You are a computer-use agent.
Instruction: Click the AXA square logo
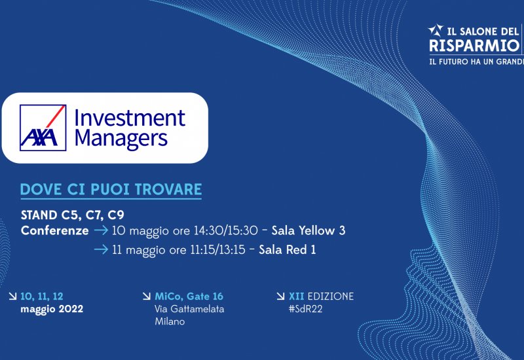(x=43, y=128)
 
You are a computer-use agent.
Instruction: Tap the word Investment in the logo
(x=130, y=118)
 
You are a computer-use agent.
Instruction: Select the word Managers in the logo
(x=121, y=139)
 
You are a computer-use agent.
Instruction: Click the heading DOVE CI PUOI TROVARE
(x=111, y=189)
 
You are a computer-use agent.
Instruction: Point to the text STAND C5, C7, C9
(x=73, y=215)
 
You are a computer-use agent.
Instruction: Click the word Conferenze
(x=55, y=230)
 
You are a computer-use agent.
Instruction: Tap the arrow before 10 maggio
(x=102, y=230)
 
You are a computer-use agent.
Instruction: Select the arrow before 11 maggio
(x=102, y=249)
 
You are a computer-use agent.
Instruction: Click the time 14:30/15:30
(x=226, y=230)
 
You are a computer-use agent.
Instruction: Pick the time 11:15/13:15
(x=218, y=249)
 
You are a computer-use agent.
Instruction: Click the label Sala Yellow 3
(x=309, y=230)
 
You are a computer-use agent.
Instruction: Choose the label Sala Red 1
(x=288, y=249)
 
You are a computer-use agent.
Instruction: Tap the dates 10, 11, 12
(x=42, y=297)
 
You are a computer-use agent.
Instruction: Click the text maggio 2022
(x=52, y=309)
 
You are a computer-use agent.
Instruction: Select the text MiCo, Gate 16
(x=189, y=297)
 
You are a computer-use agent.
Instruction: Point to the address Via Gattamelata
(x=189, y=309)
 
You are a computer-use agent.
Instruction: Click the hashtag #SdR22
(x=306, y=309)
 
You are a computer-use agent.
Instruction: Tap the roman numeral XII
(x=297, y=297)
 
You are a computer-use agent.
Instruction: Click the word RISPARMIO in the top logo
(x=474, y=45)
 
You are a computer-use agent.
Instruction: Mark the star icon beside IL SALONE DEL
(x=436, y=30)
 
